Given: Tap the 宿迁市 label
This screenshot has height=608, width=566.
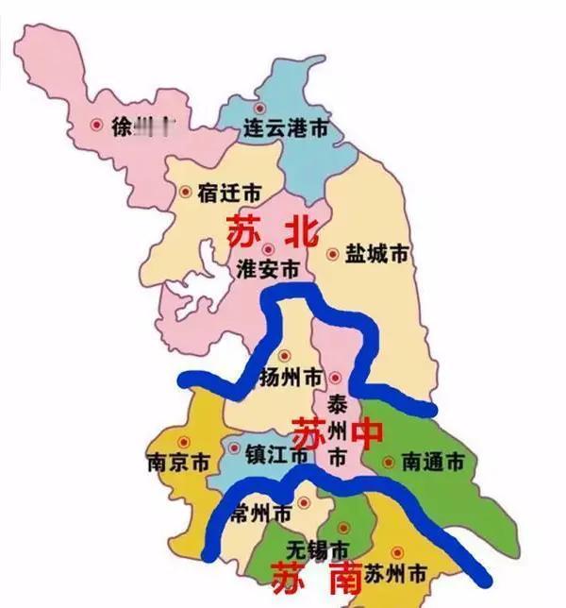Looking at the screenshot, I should [x=229, y=192].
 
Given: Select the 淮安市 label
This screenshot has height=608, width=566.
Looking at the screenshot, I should [x=268, y=267].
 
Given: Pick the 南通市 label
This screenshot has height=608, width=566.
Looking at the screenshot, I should [x=433, y=463].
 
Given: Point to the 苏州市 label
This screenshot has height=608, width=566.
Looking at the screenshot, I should [x=396, y=573].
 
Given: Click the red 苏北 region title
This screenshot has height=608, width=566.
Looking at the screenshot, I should [x=271, y=229].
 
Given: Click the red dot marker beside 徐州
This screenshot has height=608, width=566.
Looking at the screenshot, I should [x=95, y=125].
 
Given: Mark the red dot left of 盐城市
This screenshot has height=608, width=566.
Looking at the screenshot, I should [x=332, y=253].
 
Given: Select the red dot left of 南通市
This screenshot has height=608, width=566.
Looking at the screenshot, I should [x=387, y=463].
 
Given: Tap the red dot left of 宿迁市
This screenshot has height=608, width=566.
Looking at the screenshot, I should [x=185, y=192].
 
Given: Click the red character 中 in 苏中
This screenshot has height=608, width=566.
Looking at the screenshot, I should [x=369, y=434].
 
